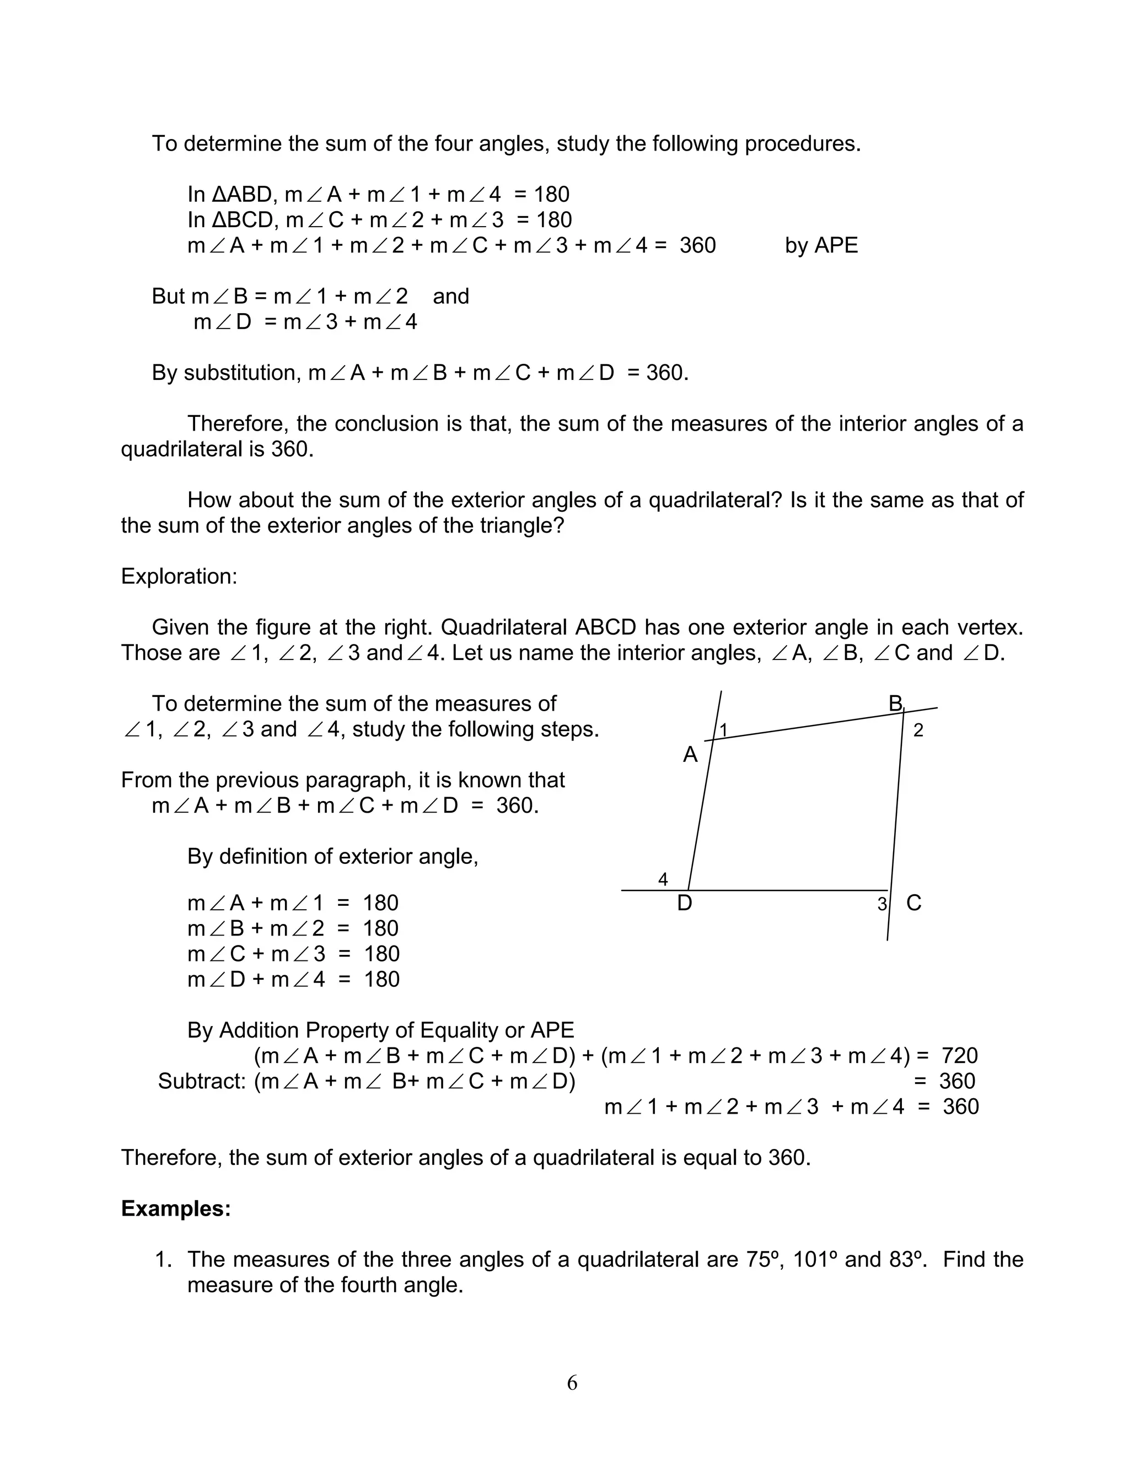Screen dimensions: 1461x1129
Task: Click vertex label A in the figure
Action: point(690,755)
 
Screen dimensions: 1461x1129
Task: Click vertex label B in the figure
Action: point(895,703)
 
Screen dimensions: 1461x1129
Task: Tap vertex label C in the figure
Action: point(913,903)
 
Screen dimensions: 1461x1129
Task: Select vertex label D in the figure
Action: point(684,903)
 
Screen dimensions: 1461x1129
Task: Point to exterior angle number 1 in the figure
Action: point(723,729)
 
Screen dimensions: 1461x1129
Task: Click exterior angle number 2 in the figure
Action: point(918,730)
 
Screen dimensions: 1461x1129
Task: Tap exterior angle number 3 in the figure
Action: point(881,904)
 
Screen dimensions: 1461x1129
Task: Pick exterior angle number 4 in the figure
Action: point(663,879)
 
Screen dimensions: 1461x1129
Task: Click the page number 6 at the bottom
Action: point(572,1383)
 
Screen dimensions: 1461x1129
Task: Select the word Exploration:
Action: point(179,576)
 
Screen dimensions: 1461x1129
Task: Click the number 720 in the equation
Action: point(960,1056)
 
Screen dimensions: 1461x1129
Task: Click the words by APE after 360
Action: point(821,245)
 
